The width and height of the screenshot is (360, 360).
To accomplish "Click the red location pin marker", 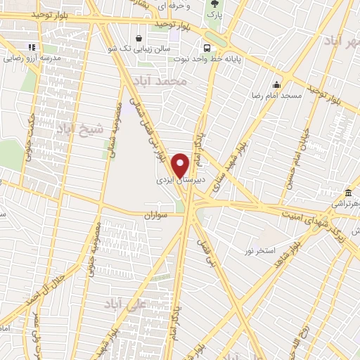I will click(x=181, y=166).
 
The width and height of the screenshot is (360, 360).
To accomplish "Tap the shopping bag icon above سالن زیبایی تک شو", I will click(x=139, y=38).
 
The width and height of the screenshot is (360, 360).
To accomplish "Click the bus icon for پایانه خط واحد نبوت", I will click(x=206, y=49).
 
